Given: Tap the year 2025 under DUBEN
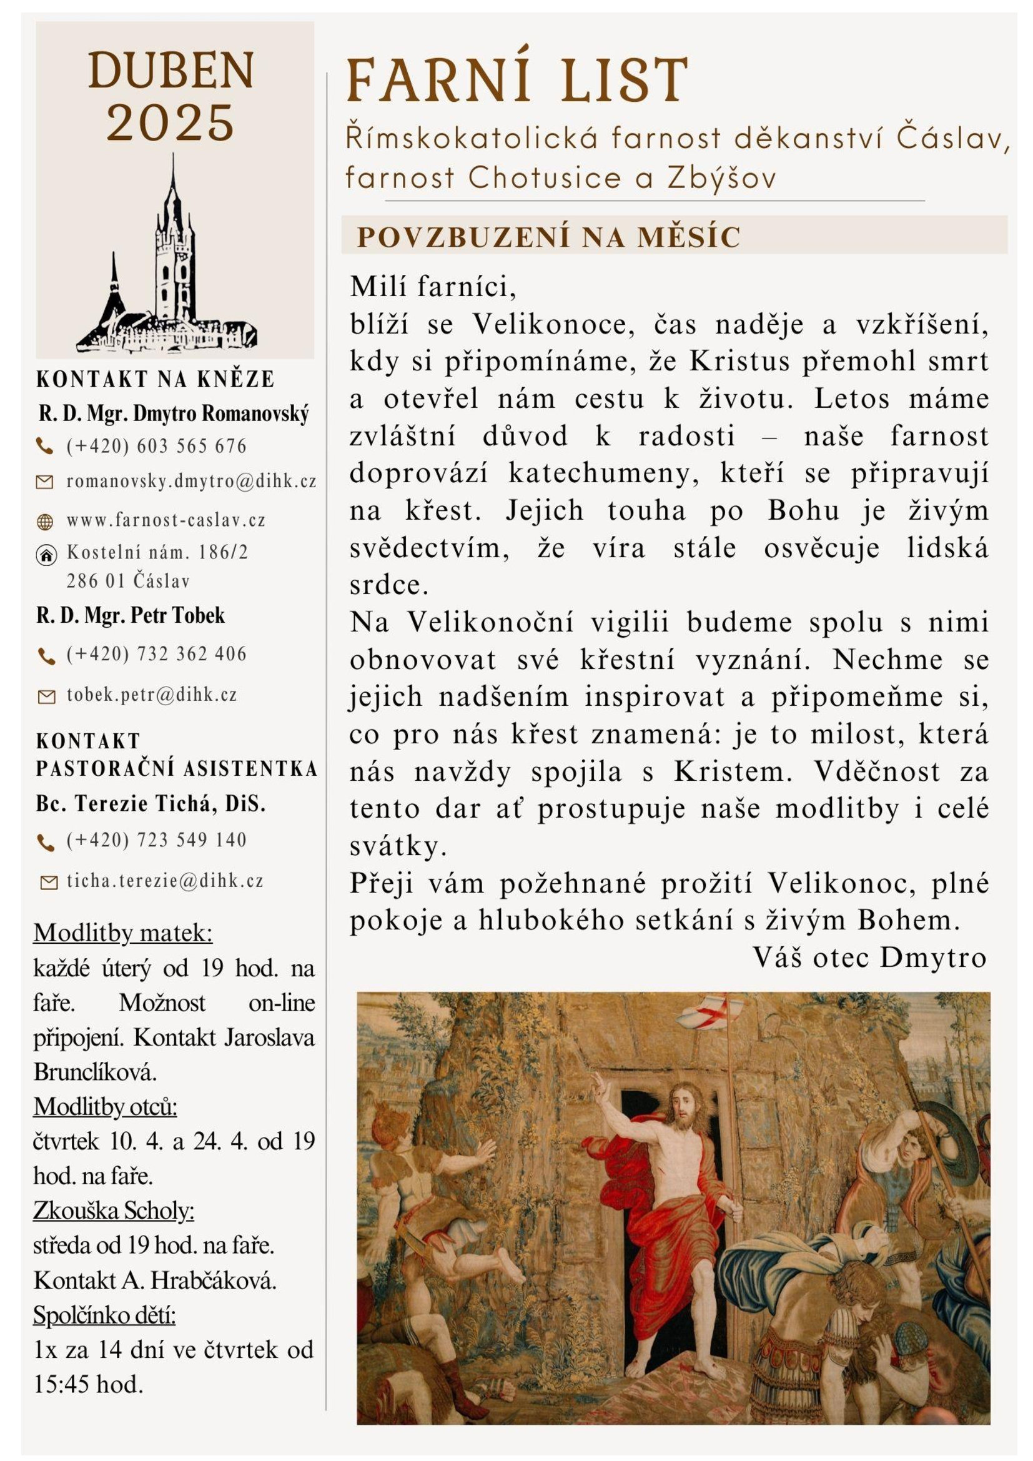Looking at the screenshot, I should (x=171, y=122).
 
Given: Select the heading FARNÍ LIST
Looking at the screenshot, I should (x=517, y=81).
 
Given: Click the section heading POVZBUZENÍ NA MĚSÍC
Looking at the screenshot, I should (x=548, y=237).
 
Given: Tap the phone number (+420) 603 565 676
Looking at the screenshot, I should (x=156, y=446).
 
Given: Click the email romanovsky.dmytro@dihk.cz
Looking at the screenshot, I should (x=191, y=482).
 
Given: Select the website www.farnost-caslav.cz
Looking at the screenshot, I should (x=166, y=520).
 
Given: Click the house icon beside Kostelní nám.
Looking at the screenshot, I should (x=45, y=555).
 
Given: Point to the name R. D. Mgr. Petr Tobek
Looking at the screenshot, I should (x=131, y=615).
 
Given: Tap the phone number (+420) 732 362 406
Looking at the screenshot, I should (x=156, y=653).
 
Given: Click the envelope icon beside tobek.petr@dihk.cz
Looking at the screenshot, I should (x=46, y=698).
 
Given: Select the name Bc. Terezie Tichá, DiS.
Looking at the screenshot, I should (x=150, y=804).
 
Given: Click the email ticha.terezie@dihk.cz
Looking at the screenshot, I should (x=165, y=881).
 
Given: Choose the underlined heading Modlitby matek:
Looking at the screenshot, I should (x=123, y=933).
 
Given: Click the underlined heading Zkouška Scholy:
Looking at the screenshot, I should (x=113, y=1211).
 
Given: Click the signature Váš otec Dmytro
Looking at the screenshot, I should (x=869, y=958).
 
